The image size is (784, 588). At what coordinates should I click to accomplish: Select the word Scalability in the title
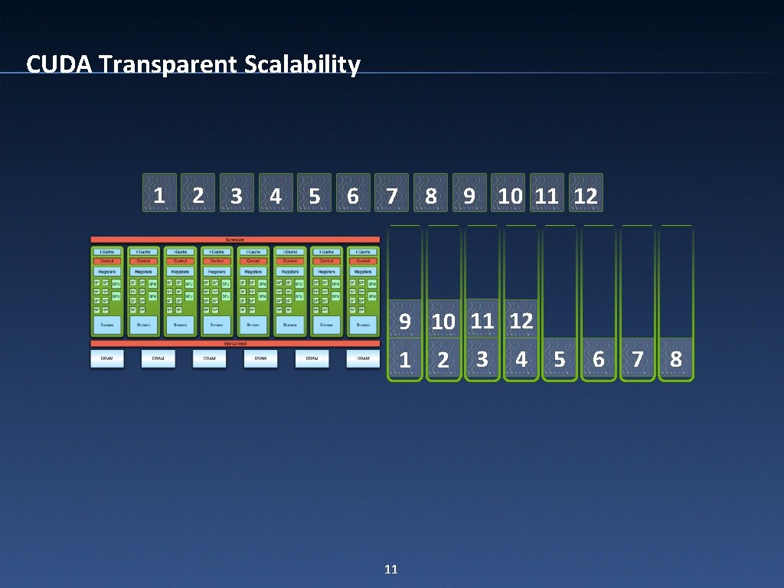tap(303, 65)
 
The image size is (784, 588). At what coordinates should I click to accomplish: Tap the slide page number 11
tap(390, 569)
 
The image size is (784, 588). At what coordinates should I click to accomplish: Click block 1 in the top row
tap(159, 194)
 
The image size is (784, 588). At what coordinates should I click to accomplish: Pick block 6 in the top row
tap(352, 196)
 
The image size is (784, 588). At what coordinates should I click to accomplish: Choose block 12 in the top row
tap(586, 196)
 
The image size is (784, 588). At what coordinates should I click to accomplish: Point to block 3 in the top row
tap(237, 196)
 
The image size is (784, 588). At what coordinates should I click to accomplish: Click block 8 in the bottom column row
tap(676, 359)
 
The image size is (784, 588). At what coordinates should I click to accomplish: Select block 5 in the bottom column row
tap(560, 359)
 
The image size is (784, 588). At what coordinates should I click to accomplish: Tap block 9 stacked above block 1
tap(405, 322)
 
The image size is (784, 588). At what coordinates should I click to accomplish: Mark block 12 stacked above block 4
tap(521, 321)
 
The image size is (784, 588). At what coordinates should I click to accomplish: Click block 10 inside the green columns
tap(443, 322)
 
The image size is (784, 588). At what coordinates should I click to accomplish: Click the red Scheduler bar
tap(236, 240)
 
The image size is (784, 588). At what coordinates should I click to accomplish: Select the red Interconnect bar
tap(236, 344)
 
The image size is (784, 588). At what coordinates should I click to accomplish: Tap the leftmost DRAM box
tap(107, 358)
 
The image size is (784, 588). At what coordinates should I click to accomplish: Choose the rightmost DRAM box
tap(363, 358)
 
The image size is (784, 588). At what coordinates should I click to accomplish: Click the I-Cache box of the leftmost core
tap(107, 251)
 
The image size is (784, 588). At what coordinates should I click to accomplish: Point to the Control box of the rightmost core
tap(363, 261)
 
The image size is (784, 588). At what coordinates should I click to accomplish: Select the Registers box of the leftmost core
tap(107, 271)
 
